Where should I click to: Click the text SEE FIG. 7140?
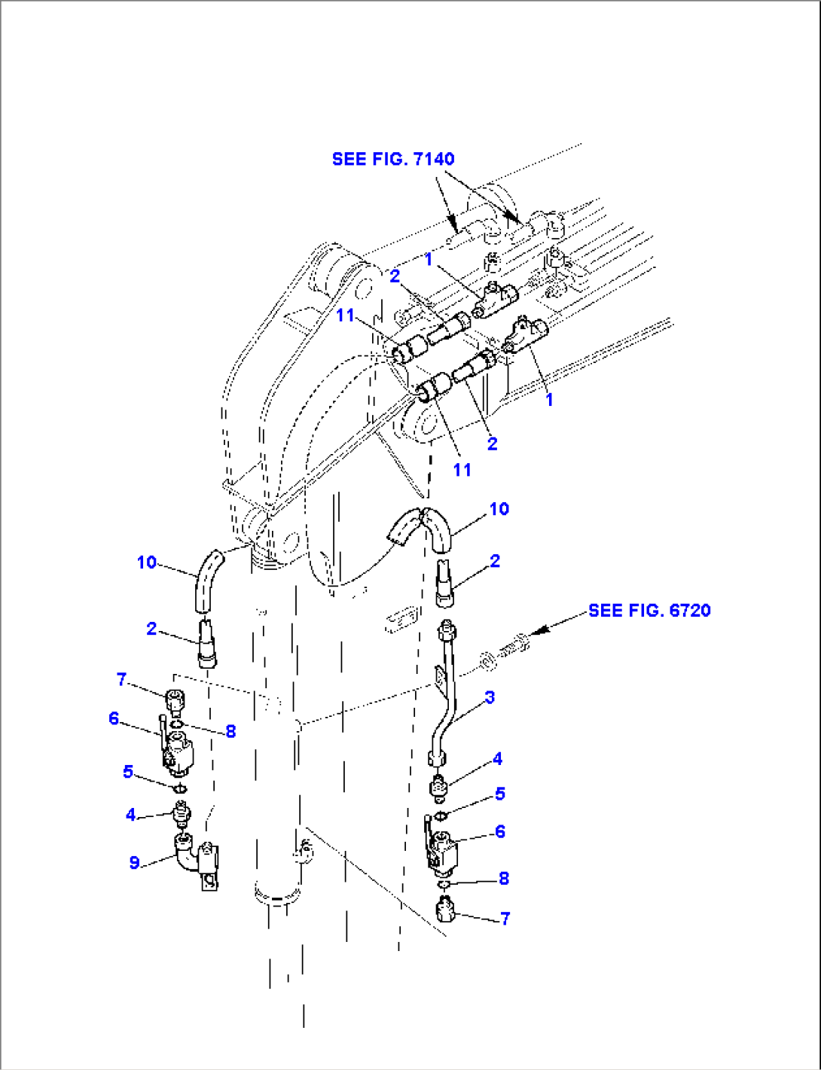[393, 159]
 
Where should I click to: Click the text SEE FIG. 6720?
[649, 610]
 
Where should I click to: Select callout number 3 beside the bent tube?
[490, 697]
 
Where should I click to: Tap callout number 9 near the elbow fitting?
[134, 862]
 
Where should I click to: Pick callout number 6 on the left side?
[114, 718]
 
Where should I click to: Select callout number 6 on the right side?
[499, 831]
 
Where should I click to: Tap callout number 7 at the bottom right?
[505, 918]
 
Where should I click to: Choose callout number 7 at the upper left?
[121, 680]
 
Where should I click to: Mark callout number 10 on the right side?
[499, 509]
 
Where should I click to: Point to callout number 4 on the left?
[130, 815]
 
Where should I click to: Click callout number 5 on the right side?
[499, 794]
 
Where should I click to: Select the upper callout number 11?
[345, 315]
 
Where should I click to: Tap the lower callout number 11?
[462, 470]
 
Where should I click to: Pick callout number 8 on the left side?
[230, 731]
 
